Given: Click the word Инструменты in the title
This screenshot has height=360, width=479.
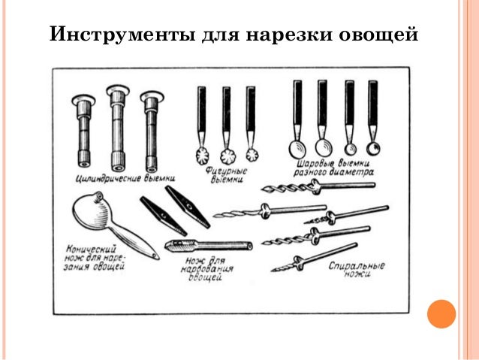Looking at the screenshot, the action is point(122,34).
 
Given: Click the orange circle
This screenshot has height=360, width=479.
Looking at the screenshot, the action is point(441,314).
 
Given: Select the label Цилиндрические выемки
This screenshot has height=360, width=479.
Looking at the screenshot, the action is point(125,177).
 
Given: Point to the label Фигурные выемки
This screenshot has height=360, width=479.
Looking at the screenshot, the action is point(226,175).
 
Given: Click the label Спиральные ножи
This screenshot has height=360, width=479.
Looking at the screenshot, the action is point(356,269).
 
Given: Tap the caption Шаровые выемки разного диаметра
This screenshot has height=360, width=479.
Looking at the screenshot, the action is point(333,168).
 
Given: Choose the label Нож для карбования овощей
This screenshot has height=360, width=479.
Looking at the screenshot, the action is point(206,269).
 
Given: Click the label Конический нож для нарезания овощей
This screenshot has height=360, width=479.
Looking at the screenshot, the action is point(95,258).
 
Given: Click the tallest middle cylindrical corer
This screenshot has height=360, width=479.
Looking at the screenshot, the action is point(118,128).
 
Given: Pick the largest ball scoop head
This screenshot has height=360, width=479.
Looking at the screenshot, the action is point(297,150).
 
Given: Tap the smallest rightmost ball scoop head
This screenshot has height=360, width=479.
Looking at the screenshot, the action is point(373,149).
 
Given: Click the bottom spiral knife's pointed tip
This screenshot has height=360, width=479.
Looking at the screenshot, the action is point(273,271).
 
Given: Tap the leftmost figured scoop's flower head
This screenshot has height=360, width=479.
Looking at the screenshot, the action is point(202,156).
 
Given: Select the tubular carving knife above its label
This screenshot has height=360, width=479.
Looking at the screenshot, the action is point(209,245).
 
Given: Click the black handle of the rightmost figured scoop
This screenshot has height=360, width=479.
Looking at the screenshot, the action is point(251,108).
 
